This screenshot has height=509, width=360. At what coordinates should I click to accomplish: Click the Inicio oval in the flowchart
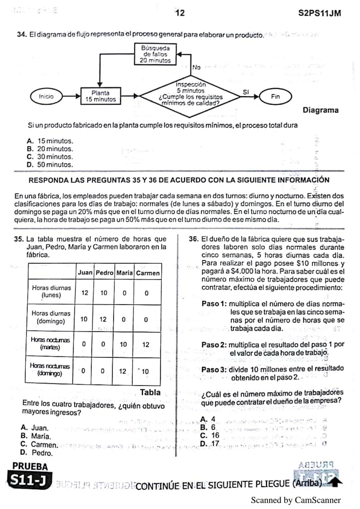point(46,97)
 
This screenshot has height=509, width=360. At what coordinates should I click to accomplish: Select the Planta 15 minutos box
point(100,96)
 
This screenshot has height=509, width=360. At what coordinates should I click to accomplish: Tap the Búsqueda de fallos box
point(155,54)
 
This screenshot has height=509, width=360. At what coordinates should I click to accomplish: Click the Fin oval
point(275,97)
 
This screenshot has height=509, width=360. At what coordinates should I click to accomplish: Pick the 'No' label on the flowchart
point(196,68)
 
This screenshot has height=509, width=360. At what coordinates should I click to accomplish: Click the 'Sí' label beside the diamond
point(246,92)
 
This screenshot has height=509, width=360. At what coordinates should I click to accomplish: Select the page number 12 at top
point(180,13)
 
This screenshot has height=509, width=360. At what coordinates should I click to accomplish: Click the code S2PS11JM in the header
point(319,13)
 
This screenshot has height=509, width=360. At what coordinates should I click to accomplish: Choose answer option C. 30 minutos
point(50,157)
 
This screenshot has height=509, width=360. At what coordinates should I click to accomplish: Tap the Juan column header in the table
point(85,272)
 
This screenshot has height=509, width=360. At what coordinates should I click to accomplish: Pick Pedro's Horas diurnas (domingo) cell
point(103,319)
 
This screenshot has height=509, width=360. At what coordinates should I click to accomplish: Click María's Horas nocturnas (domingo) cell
point(123,371)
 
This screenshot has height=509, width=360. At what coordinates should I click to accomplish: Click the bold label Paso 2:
point(214,345)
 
